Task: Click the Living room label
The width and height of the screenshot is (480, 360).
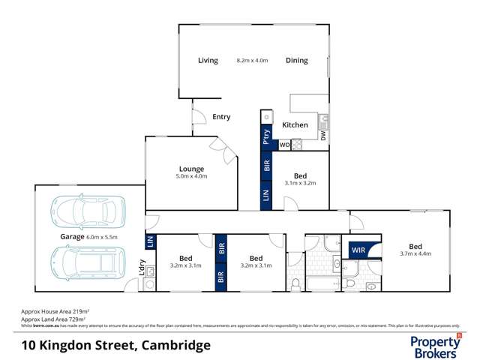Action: pos(208,61)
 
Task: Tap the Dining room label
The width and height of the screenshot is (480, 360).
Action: pos(297,61)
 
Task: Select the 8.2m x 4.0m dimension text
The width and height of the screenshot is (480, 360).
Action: pos(251,61)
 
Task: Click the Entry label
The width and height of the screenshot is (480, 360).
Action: pos(221,117)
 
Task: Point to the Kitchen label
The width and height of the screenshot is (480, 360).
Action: pos(295,125)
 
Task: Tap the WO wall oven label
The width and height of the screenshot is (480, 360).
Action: pos(285,144)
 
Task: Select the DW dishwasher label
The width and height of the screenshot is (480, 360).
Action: pos(323,136)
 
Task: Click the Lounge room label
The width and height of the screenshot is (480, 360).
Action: pos(191,169)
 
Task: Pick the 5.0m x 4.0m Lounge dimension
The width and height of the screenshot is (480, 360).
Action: pos(191,177)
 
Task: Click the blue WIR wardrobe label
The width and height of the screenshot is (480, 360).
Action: pos(358,250)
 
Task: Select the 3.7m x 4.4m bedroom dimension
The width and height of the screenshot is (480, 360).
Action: pos(415,254)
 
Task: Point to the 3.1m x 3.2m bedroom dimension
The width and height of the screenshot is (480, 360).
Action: pos(300,182)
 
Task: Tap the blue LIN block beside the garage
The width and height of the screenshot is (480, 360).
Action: pos(150,241)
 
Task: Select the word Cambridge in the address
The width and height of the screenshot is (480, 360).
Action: pos(174,346)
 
